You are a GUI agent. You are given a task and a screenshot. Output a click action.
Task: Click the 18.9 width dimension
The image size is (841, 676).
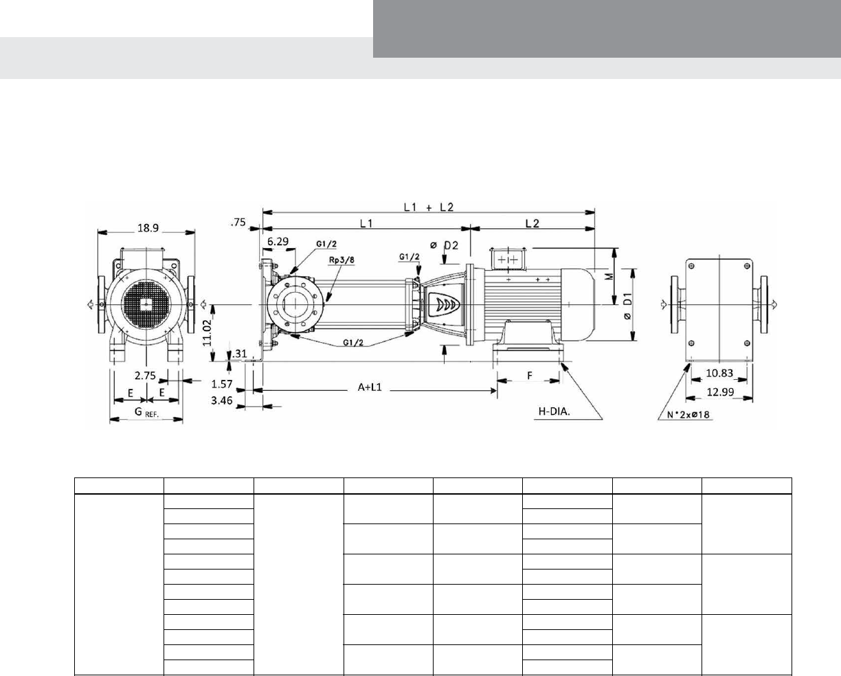[x=148, y=228]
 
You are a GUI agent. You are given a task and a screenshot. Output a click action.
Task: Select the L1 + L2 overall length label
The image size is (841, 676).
[x=429, y=207]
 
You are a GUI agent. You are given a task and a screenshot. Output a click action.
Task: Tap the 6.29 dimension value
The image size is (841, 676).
[x=278, y=242]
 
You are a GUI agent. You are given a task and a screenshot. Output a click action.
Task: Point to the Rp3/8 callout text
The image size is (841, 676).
[x=341, y=260]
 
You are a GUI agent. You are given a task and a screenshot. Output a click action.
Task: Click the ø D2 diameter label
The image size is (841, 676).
[x=444, y=245]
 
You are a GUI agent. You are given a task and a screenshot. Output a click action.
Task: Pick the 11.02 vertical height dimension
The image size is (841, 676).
[x=207, y=333]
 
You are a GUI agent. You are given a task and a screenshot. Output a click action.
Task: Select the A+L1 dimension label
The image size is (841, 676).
[x=369, y=387]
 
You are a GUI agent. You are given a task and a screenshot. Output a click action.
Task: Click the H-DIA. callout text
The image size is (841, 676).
[x=554, y=412]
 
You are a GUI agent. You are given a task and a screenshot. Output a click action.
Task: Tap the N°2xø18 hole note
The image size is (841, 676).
[x=688, y=414]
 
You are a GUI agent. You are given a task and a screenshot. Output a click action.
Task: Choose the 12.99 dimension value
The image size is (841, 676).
[x=720, y=392]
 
